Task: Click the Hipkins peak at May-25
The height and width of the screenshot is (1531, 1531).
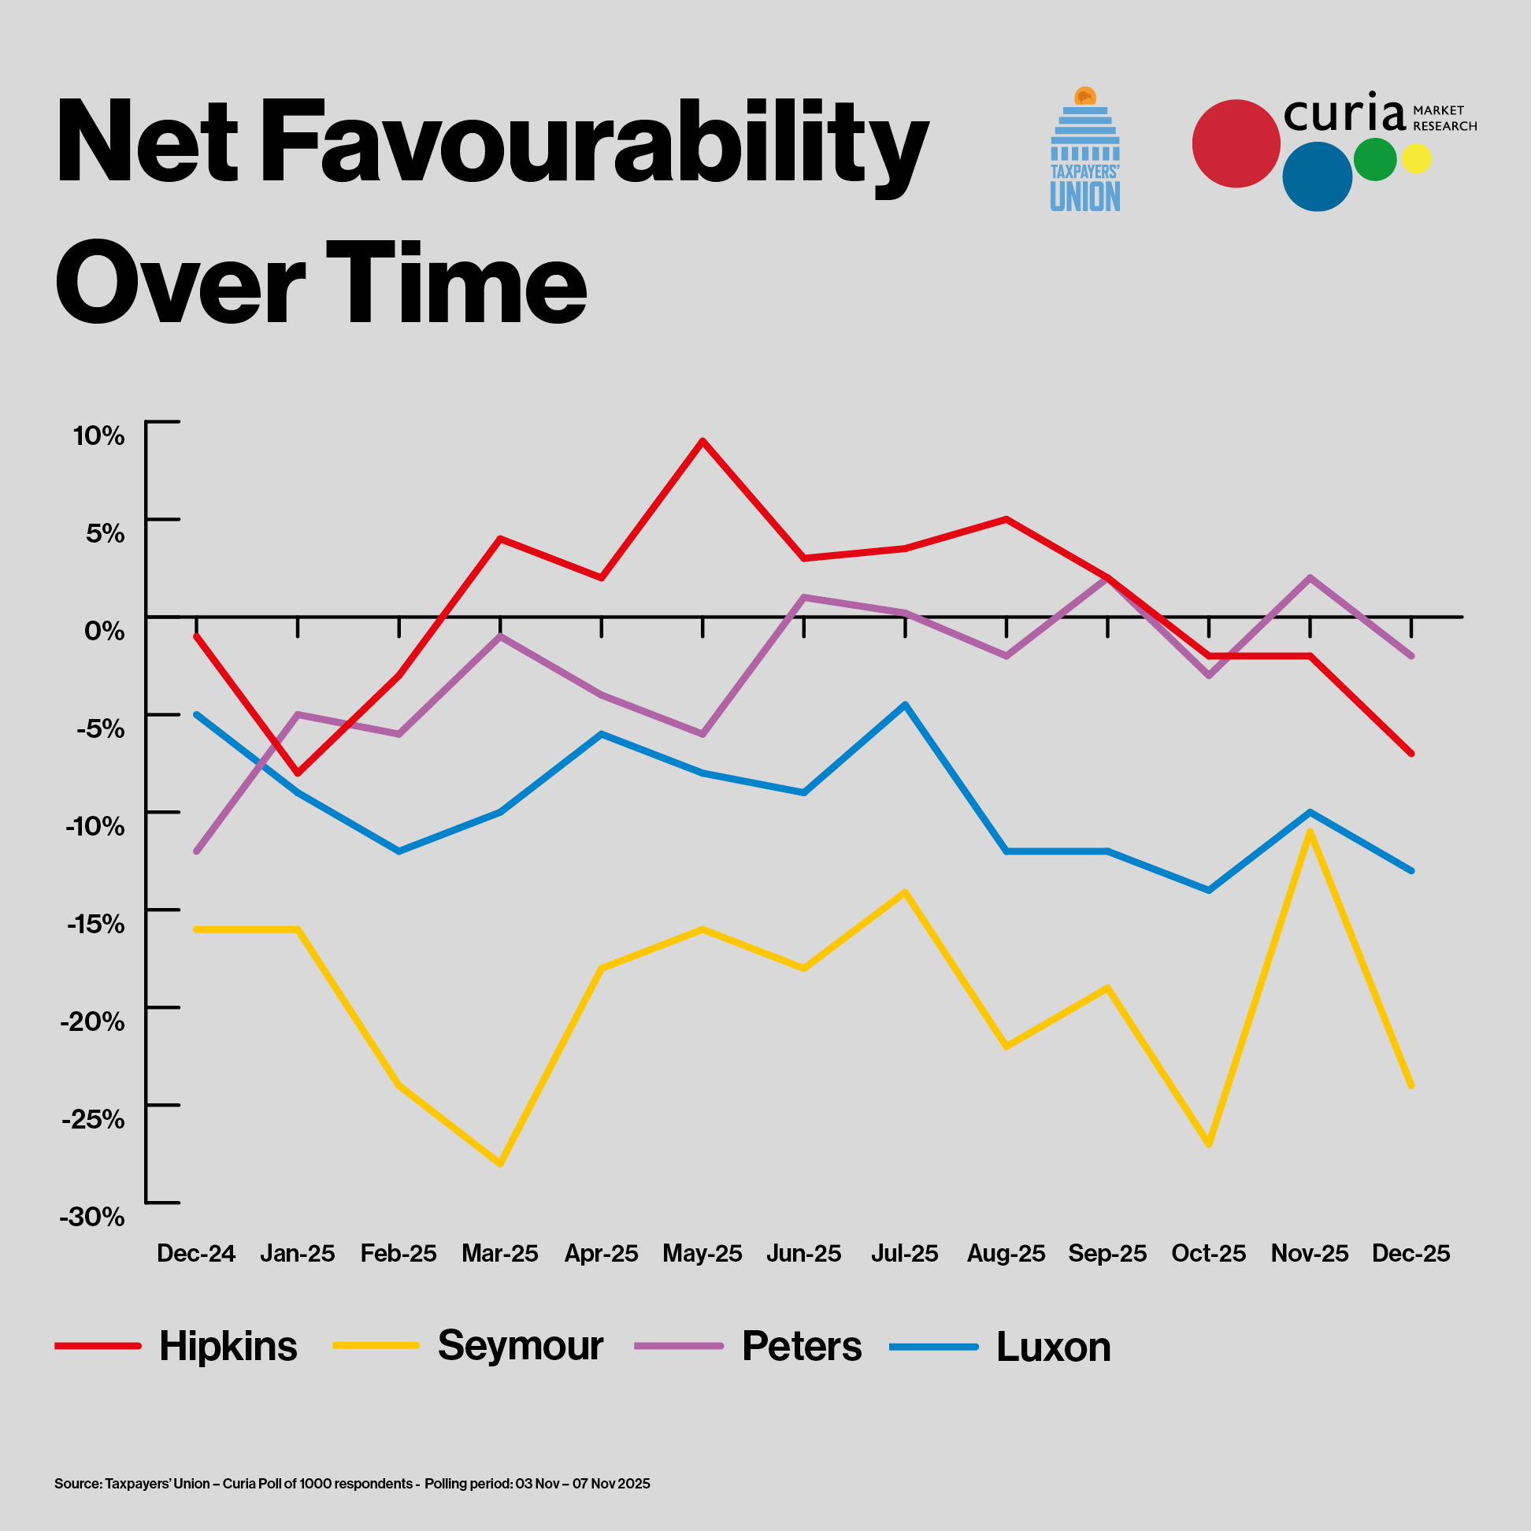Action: [x=702, y=440]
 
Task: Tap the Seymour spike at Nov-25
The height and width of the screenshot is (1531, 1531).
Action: [x=1310, y=832]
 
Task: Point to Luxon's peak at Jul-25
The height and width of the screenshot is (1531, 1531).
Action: [x=905, y=704]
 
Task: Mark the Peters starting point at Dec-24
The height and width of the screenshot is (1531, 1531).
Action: [x=196, y=852]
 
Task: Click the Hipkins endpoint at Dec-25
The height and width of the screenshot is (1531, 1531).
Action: [x=1411, y=754]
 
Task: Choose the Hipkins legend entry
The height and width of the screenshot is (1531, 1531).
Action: [x=228, y=1347]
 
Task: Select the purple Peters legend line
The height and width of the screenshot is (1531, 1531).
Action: [x=679, y=1347]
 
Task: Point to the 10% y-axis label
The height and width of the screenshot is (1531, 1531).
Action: [x=99, y=435]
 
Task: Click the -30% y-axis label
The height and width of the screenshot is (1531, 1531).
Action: [x=93, y=1217]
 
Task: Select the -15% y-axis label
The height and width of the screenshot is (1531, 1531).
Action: [x=96, y=924]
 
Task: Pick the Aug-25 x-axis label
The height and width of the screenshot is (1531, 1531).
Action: [x=1006, y=1254]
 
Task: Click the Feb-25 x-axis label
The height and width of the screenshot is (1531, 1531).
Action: [x=399, y=1254]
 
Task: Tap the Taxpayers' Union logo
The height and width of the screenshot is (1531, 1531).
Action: [x=1085, y=150]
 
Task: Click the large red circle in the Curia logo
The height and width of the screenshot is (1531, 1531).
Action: [x=1236, y=143]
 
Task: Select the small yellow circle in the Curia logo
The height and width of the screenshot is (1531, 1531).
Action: [x=1416, y=158]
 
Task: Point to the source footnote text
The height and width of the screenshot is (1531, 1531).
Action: [x=352, y=1484]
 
